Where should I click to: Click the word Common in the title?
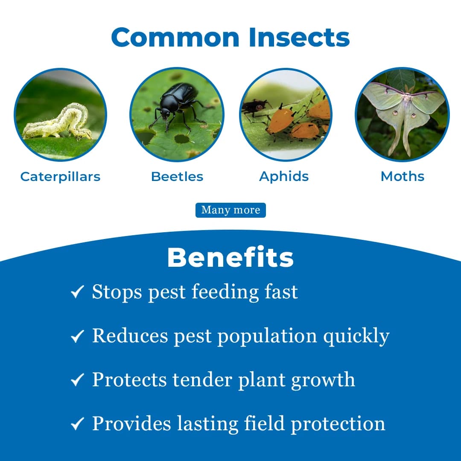pos(175,38)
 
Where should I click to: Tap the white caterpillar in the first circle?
pos(58,123)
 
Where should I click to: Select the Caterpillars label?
pos(60,176)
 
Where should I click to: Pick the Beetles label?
pos(177,176)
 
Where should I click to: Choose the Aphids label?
pos(284,176)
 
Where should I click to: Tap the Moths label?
pos(403,176)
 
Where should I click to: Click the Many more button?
pos(230,210)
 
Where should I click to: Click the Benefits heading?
pos(230,257)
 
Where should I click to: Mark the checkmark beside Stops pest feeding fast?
pos(77,293)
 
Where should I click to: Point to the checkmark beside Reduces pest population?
pos(77,337)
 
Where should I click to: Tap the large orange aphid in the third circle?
pos(280,120)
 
